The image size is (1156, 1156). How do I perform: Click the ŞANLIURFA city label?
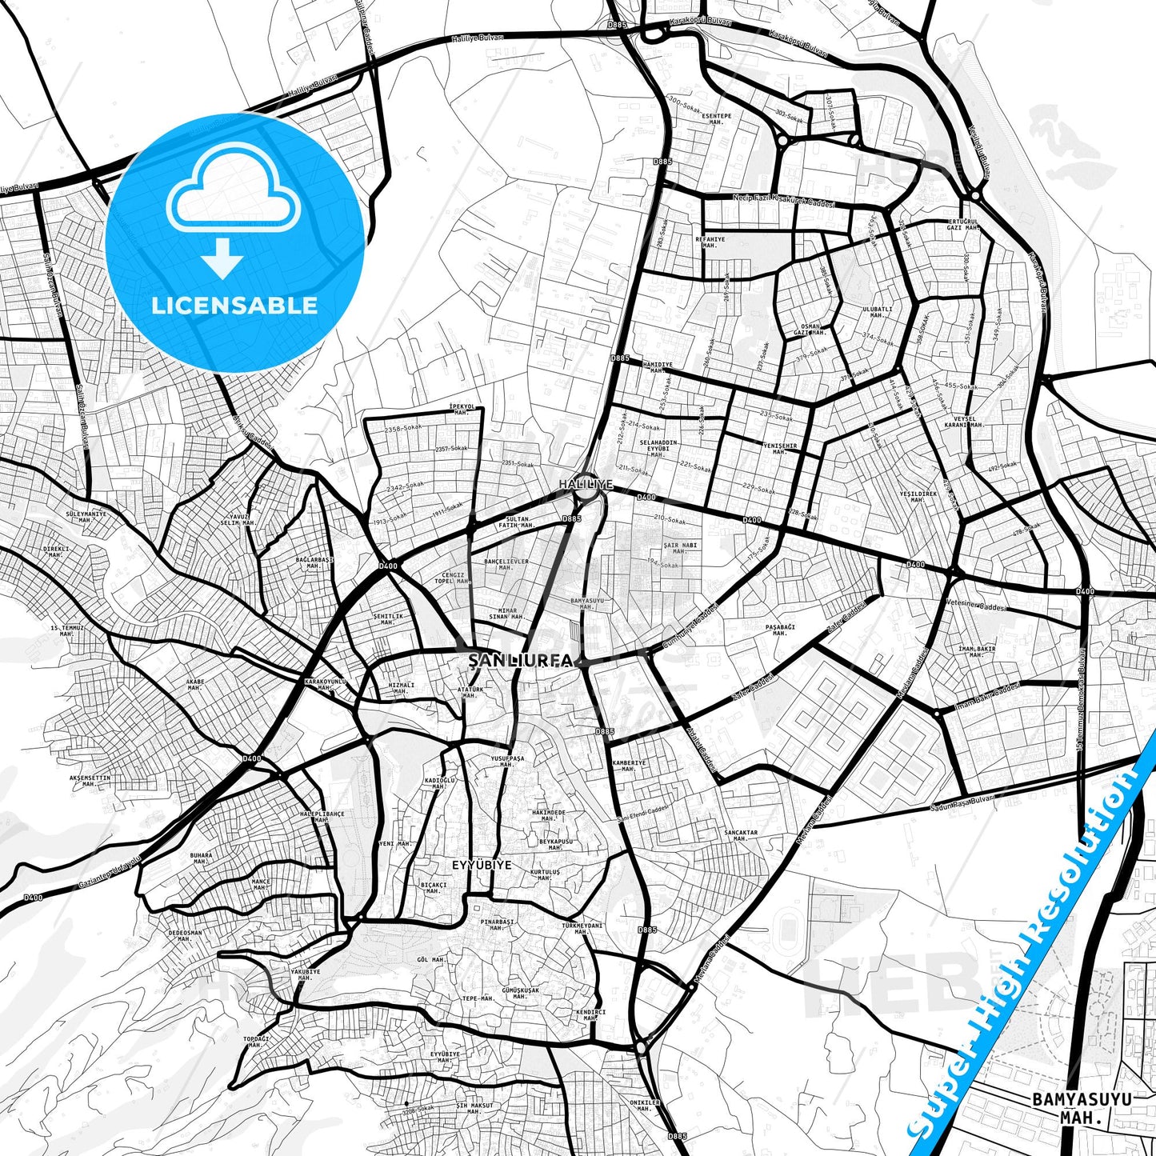(521, 661)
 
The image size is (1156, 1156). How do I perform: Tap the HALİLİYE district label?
(586, 485)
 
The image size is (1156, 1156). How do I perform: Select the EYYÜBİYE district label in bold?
(482, 865)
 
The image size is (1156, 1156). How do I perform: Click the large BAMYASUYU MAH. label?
(1082, 1108)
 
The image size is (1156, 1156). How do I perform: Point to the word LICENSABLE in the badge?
(234, 305)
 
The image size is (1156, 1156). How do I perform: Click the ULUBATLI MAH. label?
(877, 311)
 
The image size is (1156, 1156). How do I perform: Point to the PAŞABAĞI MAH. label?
(780, 630)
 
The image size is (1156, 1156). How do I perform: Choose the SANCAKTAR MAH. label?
(740, 835)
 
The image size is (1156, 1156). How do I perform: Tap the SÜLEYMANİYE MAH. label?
(85, 516)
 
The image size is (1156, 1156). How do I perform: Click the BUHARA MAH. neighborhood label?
(201, 858)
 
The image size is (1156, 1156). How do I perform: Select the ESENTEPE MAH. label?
(716, 118)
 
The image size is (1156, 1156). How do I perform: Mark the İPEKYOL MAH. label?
(462, 409)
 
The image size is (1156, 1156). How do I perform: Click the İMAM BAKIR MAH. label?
(976, 651)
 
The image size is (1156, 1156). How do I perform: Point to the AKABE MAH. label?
(195, 685)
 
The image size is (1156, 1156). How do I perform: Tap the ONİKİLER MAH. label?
(645, 1105)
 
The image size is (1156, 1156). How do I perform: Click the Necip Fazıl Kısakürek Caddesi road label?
(784, 200)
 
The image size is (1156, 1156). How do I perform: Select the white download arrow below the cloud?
(222, 258)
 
